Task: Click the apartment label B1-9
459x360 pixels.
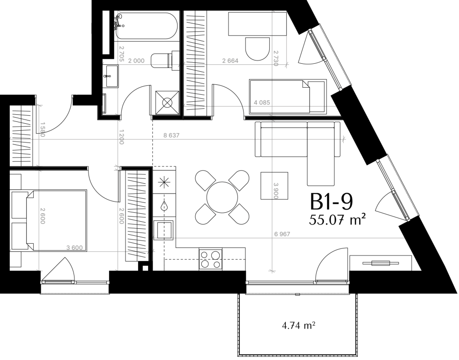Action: pyautogui.click(x=331, y=202)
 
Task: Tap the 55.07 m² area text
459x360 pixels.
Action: pyautogui.click(x=337, y=219)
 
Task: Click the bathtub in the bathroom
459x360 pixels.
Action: pyautogui.click(x=146, y=26)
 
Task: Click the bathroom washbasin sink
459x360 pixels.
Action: pyautogui.click(x=111, y=76)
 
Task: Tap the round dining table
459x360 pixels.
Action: pyautogui.click(x=222, y=197)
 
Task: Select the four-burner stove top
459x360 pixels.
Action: pyautogui.click(x=210, y=259)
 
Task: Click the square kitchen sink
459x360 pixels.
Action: pyautogui.click(x=164, y=230)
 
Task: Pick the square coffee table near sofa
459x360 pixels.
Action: pyautogui.click(x=274, y=186)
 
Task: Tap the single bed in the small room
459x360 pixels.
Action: pyautogui.click(x=288, y=97)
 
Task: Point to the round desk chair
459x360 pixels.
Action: pyautogui.click(x=257, y=49)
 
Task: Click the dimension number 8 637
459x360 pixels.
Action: pyautogui.click(x=171, y=135)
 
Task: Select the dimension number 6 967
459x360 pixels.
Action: pyautogui.click(x=282, y=234)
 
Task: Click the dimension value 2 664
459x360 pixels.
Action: pyautogui.click(x=230, y=61)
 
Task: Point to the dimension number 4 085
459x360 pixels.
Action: pyautogui.click(x=262, y=103)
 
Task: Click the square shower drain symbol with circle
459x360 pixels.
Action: pyautogui.click(x=167, y=103)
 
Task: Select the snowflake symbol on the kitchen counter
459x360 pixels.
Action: pyautogui.click(x=164, y=183)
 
